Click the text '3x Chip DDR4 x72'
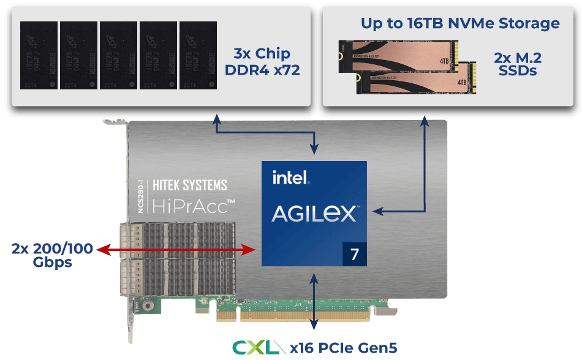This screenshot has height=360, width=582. [262, 61]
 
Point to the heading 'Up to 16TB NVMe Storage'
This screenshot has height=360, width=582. [459, 24]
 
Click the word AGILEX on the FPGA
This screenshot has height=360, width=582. [314, 214]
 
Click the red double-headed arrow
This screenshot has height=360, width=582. [178, 249]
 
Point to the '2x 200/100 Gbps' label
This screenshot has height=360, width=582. [52, 255]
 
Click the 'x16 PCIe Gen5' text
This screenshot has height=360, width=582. [343, 347]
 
